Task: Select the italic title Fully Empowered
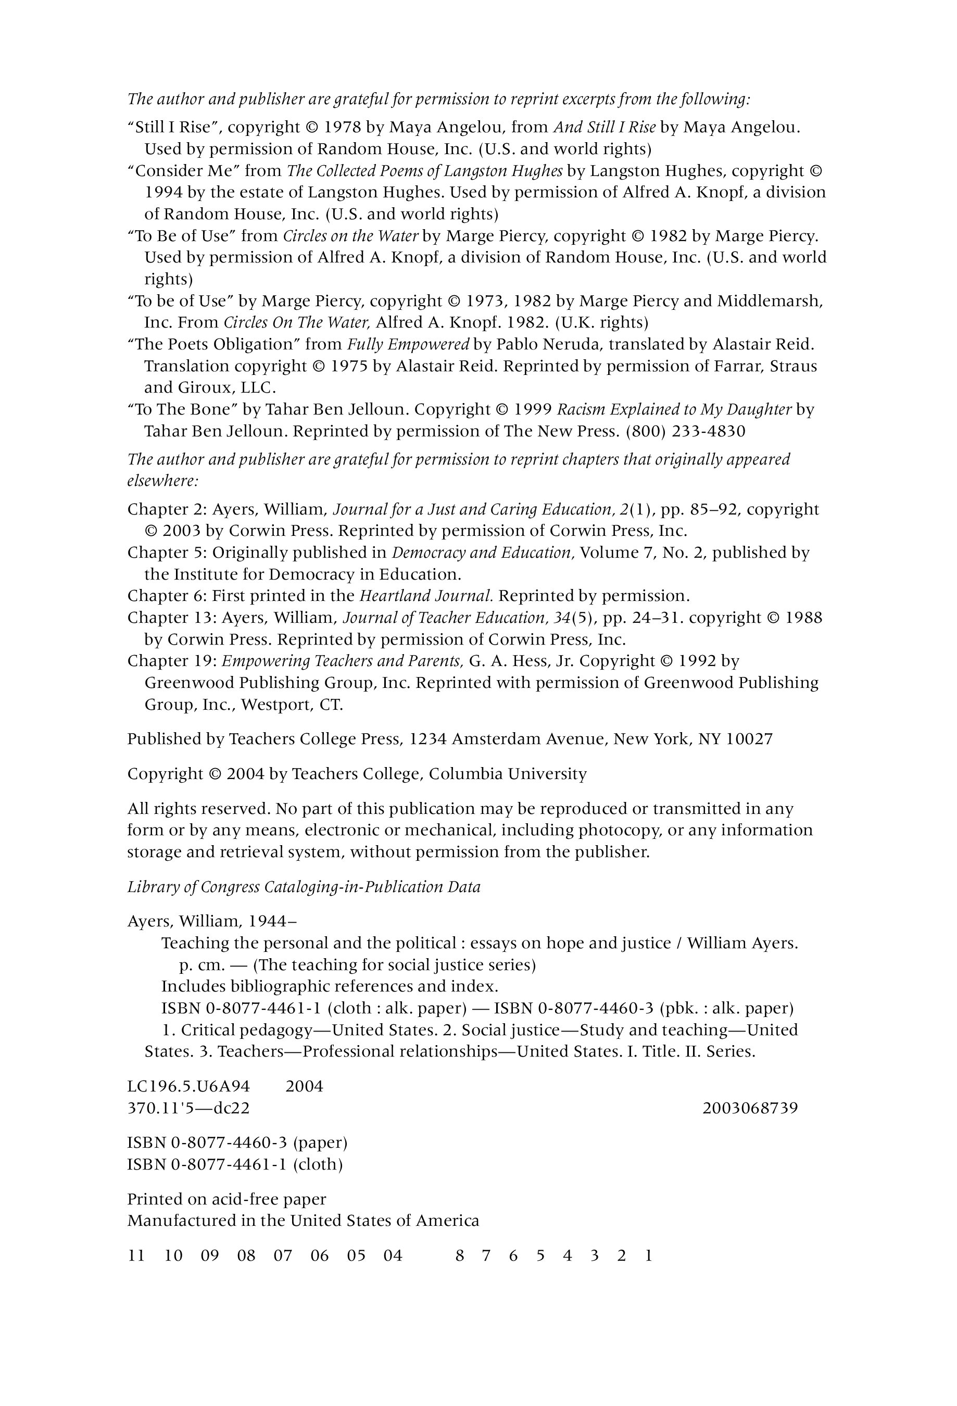click(408, 344)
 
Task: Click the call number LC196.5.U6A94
click(188, 1086)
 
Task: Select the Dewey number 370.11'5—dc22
click(188, 1108)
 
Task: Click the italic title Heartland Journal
click(426, 596)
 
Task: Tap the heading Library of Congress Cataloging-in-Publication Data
click(304, 887)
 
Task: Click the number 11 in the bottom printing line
click(136, 1256)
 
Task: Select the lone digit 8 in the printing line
click(460, 1256)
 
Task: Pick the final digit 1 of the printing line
click(648, 1256)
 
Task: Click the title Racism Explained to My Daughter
click(674, 410)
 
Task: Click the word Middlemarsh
click(769, 300)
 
